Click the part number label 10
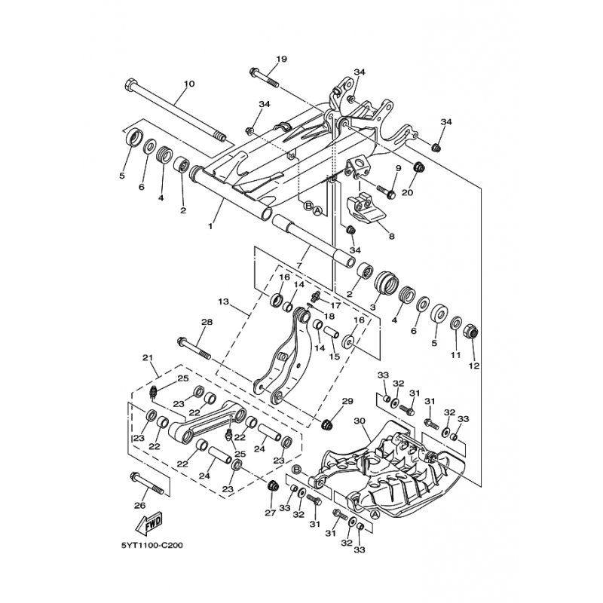click(190, 84)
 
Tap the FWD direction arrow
click(149, 523)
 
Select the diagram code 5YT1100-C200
click(152, 545)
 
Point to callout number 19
click(281, 60)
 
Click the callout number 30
click(360, 421)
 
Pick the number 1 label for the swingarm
click(210, 227)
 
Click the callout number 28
click(207, 322)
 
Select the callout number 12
click(474, 366)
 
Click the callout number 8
click(391, 237)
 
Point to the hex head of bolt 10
click(130, 84)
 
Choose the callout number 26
click(139, 505)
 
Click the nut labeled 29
click(327, 424)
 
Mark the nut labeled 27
click(272, 486)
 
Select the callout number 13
click(223, 302)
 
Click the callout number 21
click(148, 357)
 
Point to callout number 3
click(372, 308)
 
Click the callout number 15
click(335, 357)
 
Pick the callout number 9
click(398, 168)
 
